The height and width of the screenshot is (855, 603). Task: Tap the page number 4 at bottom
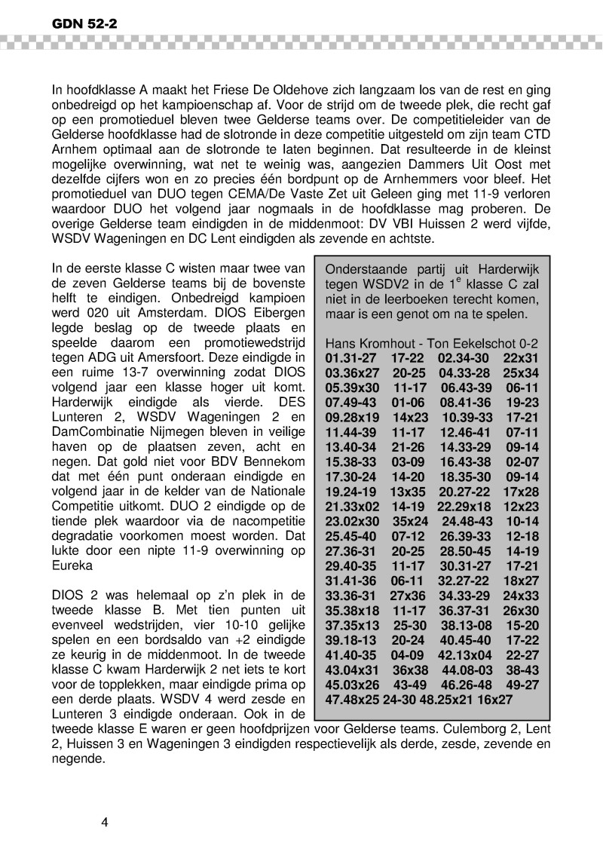pyautogui.click(x=106, y=822)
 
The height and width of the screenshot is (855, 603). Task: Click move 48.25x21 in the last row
pyautogui.click(x=458, y=699)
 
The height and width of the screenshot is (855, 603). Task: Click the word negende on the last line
pyautogui.click(x=75, y=760)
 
